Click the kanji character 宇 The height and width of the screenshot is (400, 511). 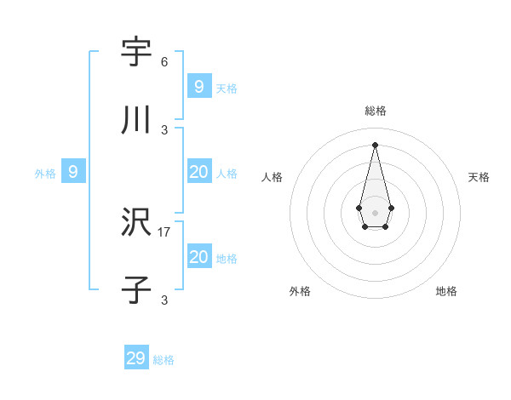[136, 52]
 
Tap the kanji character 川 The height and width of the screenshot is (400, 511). [136, 121]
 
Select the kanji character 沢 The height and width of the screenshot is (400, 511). [136, 223]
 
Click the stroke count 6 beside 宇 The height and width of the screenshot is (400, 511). [164, 62]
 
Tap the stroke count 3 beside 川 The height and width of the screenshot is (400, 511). [164, 130]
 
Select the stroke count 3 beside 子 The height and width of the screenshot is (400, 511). [164, 300]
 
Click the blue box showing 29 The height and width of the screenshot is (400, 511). [136, 358]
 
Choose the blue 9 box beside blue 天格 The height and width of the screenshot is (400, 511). [198, 86]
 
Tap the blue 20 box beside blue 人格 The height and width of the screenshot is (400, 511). [198, 172]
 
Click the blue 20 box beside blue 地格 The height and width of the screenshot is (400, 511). [198, 257]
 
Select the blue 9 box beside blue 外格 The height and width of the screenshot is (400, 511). [73, 172]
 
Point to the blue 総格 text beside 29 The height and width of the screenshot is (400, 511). [164, 360]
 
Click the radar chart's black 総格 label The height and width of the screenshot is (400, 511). [376, 111]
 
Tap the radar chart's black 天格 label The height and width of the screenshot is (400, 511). [479, 177]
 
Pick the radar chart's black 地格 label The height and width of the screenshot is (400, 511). [446, 291]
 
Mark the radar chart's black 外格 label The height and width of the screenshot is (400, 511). [300, 291]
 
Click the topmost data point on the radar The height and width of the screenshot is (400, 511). [375, 144]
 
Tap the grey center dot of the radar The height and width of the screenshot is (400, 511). [375, 212]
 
